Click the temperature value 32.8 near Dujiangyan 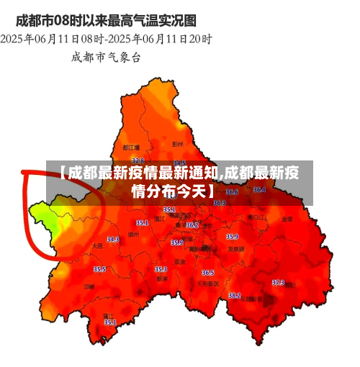[138, 160]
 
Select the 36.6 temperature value [232, 192]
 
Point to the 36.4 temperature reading [259, 190]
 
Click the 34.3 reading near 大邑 [113, 240]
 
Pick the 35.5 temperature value [99, 269]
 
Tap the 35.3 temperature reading [161, 269]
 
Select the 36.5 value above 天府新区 [207, 273]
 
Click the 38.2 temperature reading [234, 295]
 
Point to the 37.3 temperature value [278, 283]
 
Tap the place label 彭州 [178, 144]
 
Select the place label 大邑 [97, 245]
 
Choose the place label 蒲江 [109, 315]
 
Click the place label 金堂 [287, 218]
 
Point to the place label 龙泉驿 [236, 248]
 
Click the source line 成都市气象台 [106, 56]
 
